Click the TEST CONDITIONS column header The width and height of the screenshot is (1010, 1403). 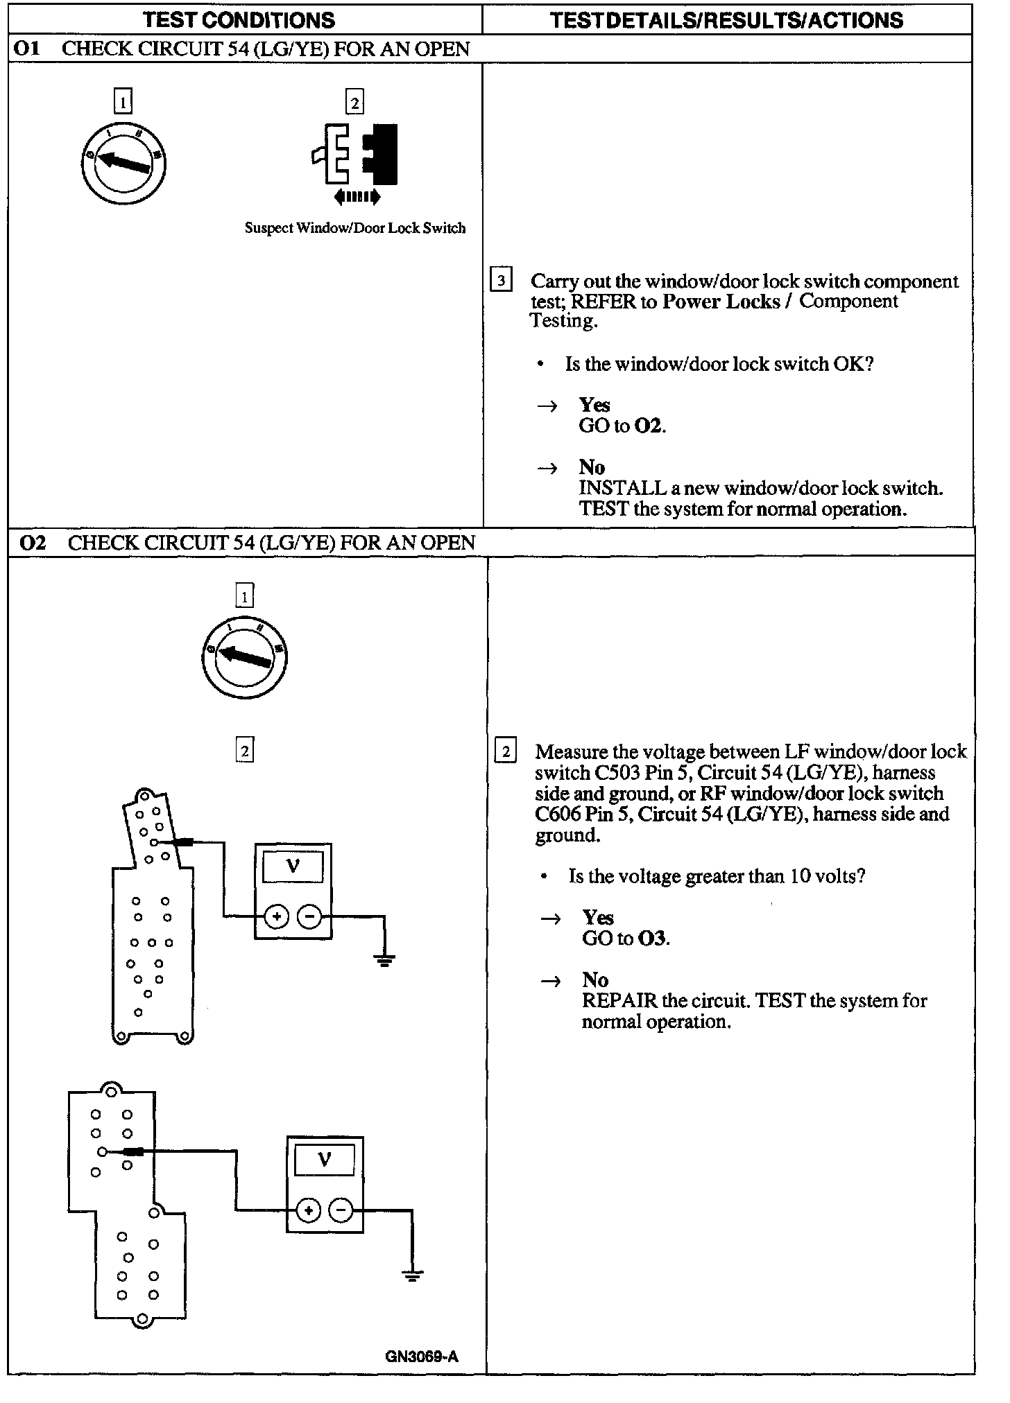point(239,19)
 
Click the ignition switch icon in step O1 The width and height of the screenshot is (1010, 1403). point(123,163)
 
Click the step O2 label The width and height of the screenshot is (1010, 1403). point(33,543)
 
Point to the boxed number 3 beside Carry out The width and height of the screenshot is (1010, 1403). point(501,281)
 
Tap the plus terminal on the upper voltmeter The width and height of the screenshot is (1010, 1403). point(276,916)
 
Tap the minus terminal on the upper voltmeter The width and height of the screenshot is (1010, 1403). point(309,916)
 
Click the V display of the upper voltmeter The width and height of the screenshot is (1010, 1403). point(293,866)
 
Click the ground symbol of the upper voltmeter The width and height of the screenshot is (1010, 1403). point(384,960)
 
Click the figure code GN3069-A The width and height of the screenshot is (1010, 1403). point(422,1356)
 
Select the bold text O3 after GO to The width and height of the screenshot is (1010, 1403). point(652,939)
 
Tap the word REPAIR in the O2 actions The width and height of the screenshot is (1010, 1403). point(619,1000)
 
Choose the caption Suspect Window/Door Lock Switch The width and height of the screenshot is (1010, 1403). point(355,228)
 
